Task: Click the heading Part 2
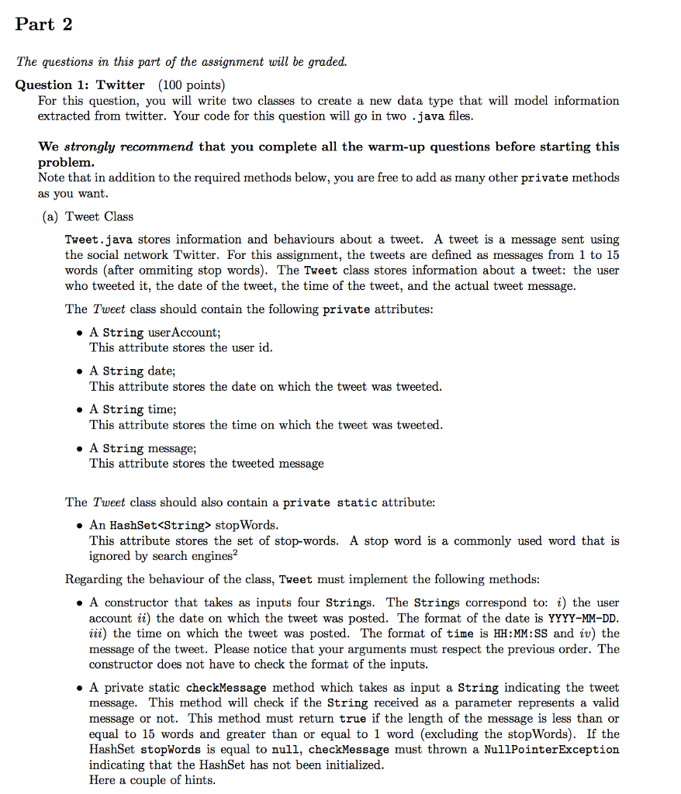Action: tap(44, 24)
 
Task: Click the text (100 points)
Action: tap(191, 85)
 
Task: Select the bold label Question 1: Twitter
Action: tap(80, 85)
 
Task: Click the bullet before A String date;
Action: tap(81, 371)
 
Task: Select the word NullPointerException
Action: tap(551, 750)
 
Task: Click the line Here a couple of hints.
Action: tap(152, 780)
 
